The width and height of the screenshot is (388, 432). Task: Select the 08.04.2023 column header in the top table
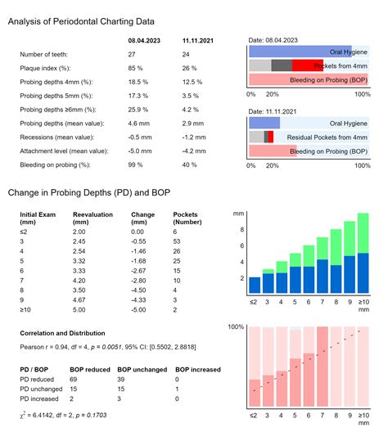[144, 39]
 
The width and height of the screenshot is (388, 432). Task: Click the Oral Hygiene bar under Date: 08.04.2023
[300, 51]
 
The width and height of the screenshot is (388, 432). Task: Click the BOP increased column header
[198, 369]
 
